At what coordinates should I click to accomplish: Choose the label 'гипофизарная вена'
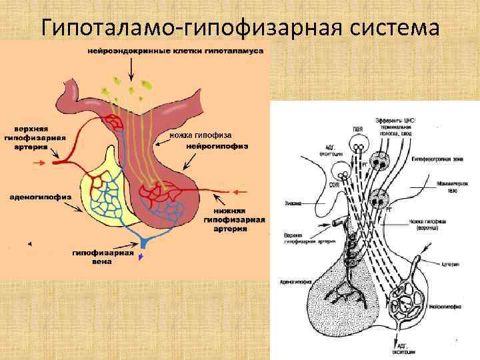coord(103,257)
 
